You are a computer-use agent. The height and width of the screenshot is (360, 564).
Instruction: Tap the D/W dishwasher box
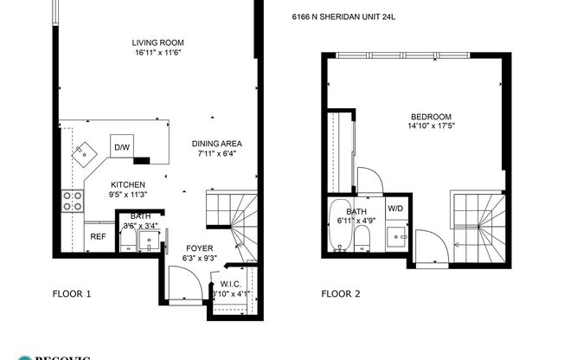click(122, 147)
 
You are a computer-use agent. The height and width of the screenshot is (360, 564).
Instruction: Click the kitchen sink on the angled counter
click(87, 152)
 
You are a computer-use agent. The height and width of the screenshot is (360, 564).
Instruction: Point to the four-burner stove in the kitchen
click(73, 201)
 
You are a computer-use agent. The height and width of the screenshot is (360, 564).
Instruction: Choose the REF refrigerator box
click(99, 236)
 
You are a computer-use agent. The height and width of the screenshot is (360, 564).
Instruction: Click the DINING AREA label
click(216, 144)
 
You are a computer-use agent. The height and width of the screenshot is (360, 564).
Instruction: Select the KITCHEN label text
click(127, 185)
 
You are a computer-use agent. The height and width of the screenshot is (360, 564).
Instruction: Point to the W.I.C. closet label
click(230, 283)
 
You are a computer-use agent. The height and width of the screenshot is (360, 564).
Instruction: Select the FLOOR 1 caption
click(72, 293)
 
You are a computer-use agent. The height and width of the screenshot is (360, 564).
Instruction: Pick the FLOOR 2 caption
click(341, 293)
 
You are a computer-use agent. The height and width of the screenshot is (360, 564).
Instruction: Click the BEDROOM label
click(430, 116)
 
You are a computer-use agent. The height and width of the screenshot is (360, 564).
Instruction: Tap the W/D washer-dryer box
click(394, 209)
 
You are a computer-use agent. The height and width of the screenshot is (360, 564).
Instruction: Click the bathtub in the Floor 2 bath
click(338, 228)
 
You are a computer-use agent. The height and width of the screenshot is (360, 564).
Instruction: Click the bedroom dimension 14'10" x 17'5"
click(430, 126)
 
